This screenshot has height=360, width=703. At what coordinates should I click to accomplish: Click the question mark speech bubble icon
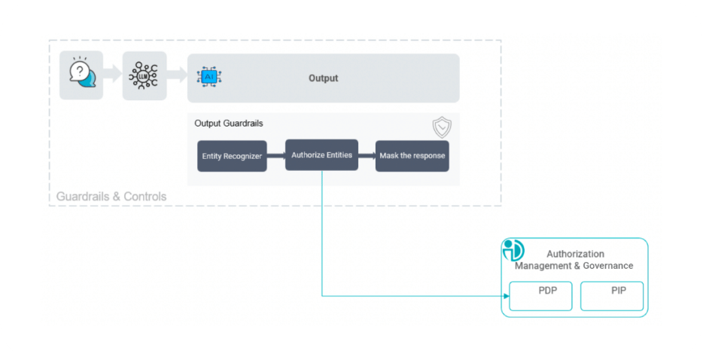(x=81, y=75)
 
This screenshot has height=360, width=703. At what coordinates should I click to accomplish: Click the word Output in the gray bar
(x=323, y=78)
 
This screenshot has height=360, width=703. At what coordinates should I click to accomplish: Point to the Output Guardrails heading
(x=229, y=123)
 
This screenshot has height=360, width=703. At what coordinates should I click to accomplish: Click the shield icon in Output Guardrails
(x=442, y=127)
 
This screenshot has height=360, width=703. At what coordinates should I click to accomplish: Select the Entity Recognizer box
(x=232, y=156)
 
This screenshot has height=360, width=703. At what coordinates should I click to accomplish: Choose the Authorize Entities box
(x=321, y=155)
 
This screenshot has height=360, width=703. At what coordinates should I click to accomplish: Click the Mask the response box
(x=412, y=156)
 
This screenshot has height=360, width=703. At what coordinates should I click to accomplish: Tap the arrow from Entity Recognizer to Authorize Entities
(x=275, y=156)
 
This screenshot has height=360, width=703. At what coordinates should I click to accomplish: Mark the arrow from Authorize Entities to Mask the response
(x=367, y=156)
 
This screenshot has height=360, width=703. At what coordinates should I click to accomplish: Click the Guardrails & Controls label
(x=111, y=197)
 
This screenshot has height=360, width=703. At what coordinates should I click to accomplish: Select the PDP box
(x=540, y=296)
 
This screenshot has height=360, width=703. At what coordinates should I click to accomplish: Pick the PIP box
(x=611, y=296)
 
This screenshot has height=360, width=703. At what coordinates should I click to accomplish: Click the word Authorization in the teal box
(x=575, y=254)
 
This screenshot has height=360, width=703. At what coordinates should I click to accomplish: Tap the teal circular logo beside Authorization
(x=513, y=251)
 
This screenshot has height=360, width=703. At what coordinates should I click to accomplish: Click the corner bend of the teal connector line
(x=322, y=295)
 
